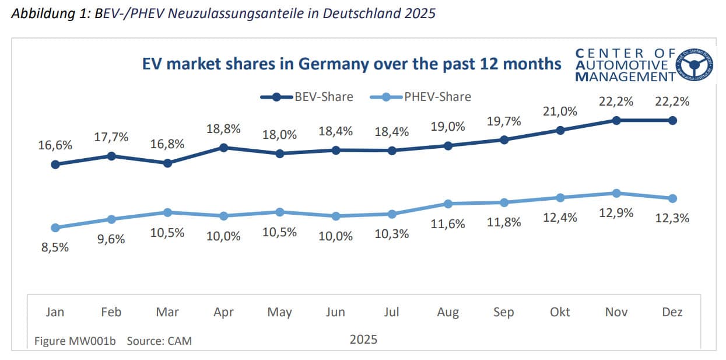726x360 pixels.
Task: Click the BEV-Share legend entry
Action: coord(307,97)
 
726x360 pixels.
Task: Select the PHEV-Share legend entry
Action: coord(420,97)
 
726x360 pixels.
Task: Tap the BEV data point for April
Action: coord(223,148)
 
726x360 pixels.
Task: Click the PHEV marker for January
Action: coord(55,227)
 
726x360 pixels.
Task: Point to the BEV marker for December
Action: coord(672,120)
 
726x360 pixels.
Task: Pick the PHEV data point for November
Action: coord(616,193)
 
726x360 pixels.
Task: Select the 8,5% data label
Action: coord(55,247)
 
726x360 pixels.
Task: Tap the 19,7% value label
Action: coord(504,121)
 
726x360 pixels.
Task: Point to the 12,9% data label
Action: coord(616,214)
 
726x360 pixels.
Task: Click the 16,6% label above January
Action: coord(55,146)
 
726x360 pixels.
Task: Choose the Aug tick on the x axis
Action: coord(448,313)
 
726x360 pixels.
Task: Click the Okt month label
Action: coord(560,313)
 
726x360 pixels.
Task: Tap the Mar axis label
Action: coord(167,313)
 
